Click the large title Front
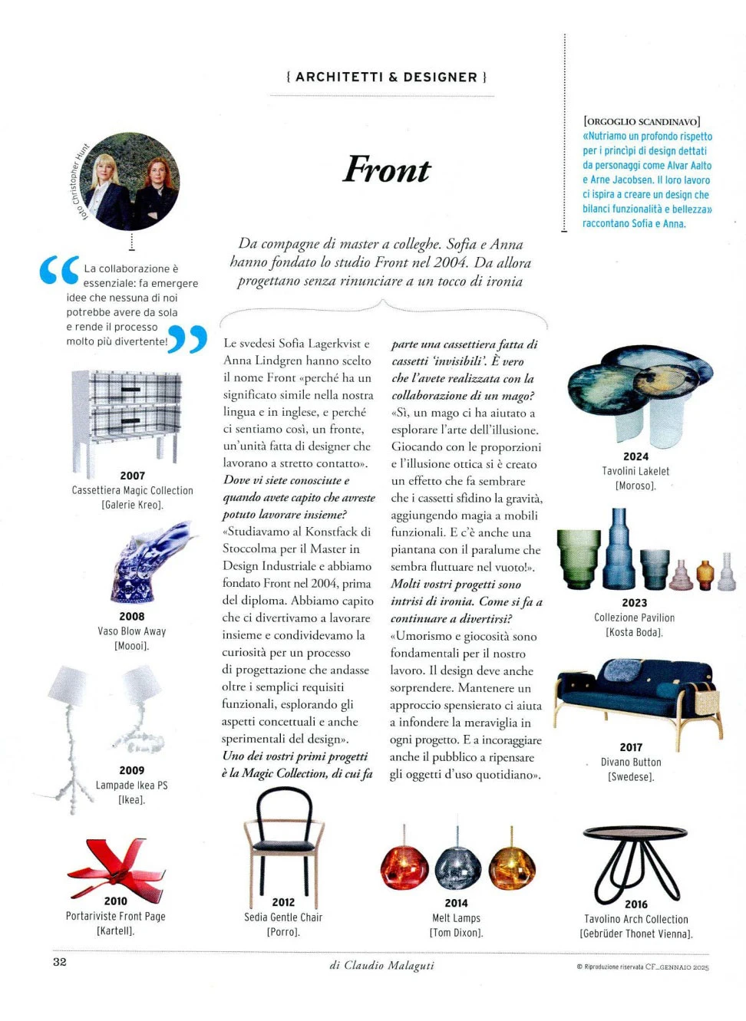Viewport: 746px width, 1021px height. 387,170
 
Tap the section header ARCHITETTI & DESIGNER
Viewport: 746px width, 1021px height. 386,77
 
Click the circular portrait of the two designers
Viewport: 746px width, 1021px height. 133,182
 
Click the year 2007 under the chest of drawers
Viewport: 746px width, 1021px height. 132,476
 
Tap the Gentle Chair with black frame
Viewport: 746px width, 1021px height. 283,844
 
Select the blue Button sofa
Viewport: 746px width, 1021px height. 637,694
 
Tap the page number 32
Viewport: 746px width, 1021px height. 60,962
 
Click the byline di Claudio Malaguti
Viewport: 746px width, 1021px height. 381,965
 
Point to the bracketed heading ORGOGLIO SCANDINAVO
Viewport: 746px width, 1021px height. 642,121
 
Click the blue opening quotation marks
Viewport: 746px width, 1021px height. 59,270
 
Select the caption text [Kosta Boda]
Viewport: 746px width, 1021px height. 634,632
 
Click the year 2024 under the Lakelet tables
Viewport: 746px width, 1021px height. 635,456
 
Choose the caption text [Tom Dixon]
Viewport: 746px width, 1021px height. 456,933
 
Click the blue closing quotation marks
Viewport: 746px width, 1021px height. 186,338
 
